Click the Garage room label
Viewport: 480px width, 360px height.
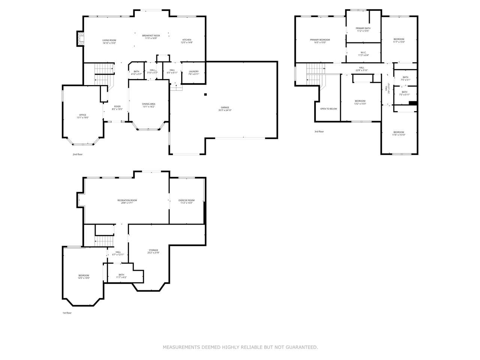225,108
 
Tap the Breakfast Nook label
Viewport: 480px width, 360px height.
151,36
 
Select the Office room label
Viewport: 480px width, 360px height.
82,115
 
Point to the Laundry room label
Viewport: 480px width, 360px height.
194,71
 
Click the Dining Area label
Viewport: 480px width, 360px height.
148,104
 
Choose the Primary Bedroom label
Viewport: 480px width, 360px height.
320,40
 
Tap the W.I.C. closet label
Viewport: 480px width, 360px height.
363,52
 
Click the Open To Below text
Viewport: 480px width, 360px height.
328,109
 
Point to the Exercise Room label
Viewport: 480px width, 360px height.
186,200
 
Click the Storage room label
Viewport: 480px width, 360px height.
153,250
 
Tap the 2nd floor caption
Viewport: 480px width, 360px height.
78,154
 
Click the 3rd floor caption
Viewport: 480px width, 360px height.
319,132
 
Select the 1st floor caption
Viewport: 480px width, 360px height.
67,313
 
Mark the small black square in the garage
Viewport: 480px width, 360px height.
205,94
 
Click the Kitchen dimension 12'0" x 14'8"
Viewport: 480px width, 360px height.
187,42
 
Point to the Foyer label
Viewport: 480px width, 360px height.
117,106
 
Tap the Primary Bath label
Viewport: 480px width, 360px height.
363,28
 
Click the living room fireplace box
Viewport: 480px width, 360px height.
80,39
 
